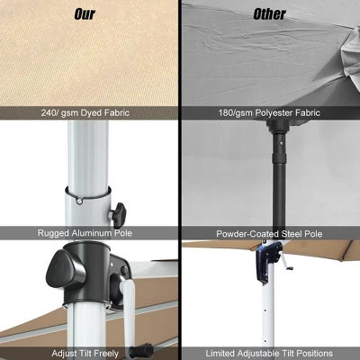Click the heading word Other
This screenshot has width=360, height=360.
click(x=269, y=13)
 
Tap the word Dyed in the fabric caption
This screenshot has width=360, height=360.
click(x=97, y=114)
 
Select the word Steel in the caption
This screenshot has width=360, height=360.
click(x=291, y=233)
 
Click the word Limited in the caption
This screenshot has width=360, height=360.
click(x=221, y=353)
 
